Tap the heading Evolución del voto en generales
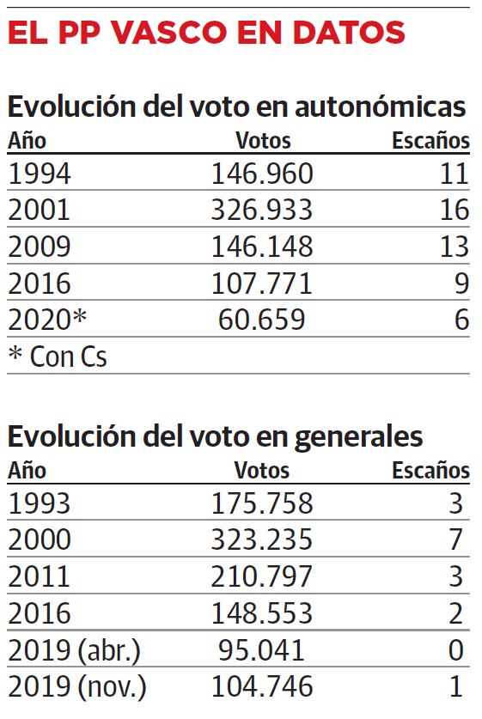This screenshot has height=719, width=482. pyautogui.click(x=216, y=436)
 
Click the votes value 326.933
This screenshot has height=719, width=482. pyautogui.click(x=262, y=210)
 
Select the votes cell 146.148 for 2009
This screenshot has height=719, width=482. pyautogui.click(x=262, y=247)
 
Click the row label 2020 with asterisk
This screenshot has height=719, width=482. pyautogui.click(x=48, y=319)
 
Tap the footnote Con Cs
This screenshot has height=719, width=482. pyautogui.click(x=58, y=356)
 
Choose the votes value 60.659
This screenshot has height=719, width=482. pyautogui.click(x=262, y=319)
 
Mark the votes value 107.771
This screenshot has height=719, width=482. pyautogui.click(x=262, y=283)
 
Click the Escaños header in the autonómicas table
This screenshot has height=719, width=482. pyautogui.click(x=430, y=140)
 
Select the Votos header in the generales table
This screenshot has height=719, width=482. pyautogui.click(x=262, y=471)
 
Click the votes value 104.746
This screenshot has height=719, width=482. pyautogui.click(x=262, y=686)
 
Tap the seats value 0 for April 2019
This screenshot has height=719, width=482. pyautogui.click(x=456, y=650)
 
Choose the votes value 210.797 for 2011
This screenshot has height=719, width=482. pyautogui.click(x=262, y=576)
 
